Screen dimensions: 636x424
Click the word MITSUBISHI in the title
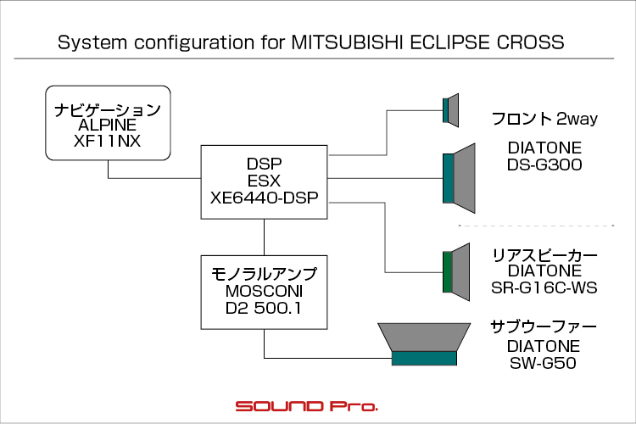pyautogui.click(x=347, y=42)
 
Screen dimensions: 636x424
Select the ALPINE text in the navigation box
pyautogui.click(x=108, y=125)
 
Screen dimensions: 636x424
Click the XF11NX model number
pyautogui.click(x=108, y=142)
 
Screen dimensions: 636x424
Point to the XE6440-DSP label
pyautogui.click(x=264, y=198)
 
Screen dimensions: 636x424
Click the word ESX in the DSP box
pyautogui.click(x=264, y=181)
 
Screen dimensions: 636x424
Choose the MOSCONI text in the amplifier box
pyautogui.click(x=264, y=292)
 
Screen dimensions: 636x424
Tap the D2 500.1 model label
pyautogui.click(x=263, y=309)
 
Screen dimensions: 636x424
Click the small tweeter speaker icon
pyautogui.click(x=450, y=110)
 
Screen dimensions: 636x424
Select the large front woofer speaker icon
pyautogui.click(x=459, y=178)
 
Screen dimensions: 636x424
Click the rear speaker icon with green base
pyautogui.click(x=456, y=272)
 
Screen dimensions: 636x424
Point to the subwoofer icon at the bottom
pyautogui.click(x=424, y=344)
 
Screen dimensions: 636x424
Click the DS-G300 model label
pyautogui.click(x=544, y=165)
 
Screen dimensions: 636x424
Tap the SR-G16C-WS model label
pyautogui.click(x=544, y=287)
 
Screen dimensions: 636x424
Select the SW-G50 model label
pyautogui.click(x=543, y=363)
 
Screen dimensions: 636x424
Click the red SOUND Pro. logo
pyautogui.click(x=307, y=406)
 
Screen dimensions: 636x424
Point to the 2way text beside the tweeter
pyautogui.click(x=577, y=119)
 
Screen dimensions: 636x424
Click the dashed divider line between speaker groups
pyautogui.click(x=536, y=226)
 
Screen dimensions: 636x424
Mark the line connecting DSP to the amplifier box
pyautogui.click(x=264, y=237)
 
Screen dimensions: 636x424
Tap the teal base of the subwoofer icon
pyautogui.click(x=424, y=359)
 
